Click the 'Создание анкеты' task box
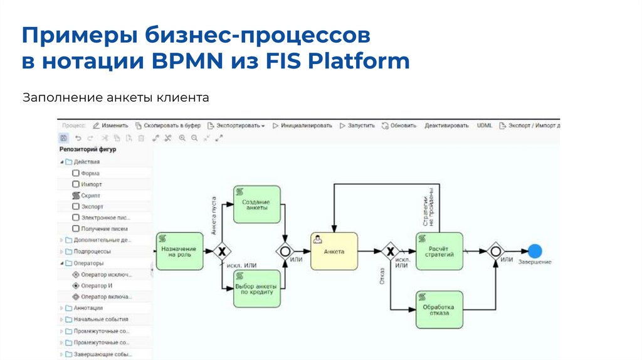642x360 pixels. click(256, 204)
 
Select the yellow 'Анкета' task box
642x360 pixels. click(334, 251)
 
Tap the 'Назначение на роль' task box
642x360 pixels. click(179, 251)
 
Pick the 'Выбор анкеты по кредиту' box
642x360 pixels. click(256, 289)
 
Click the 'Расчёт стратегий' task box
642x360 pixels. click(439, 251)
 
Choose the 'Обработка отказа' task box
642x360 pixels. click(439, 309)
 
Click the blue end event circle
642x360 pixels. click(535, 251)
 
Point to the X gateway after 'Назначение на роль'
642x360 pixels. click(221, 251)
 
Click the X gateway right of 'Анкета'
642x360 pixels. click(391, 251)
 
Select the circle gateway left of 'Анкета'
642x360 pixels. click(286, 251)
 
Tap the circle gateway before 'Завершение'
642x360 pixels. click(496, 251)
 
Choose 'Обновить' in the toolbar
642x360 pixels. click(399, 125)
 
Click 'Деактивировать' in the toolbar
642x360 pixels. click(446, 125)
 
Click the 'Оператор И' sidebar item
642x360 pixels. click(92, 285)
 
